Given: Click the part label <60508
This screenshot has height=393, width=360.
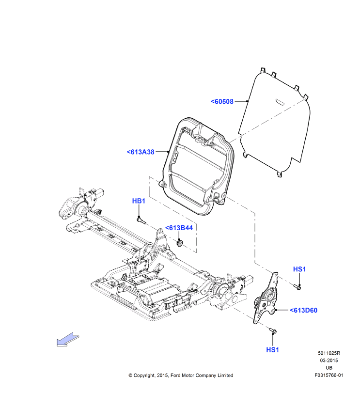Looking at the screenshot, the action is pos(222,101).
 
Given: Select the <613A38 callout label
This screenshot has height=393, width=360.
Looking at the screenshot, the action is pos(141,152).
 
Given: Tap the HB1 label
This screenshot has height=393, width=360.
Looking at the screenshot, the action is pos(139,201).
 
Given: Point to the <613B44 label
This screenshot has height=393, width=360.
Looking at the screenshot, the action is pos(179,228).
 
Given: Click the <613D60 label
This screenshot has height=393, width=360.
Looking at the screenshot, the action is pos(304,310).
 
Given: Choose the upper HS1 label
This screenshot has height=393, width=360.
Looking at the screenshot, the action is pos(299,269).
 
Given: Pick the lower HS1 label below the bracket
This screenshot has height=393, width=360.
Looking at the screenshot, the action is pos(272,350).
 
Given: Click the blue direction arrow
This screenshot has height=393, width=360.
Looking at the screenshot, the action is pos(68,340).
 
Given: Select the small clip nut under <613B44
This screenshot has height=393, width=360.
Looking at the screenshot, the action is pos(180,243).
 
